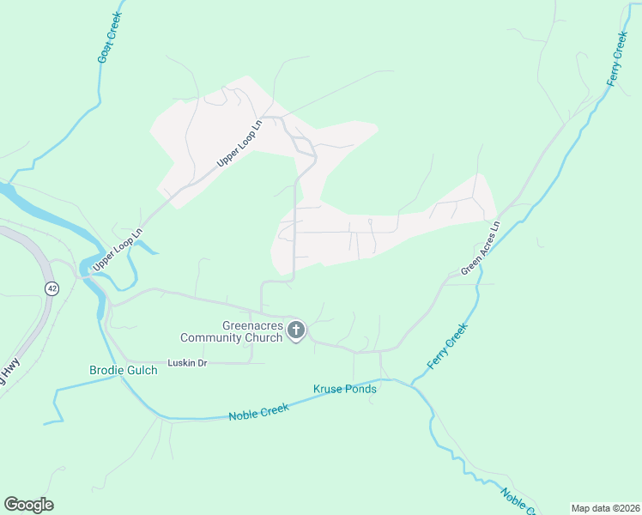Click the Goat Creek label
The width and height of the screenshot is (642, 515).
tap(111, 37)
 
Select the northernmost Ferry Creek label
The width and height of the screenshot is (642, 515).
tap(617, 58)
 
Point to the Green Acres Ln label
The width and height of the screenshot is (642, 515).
tap(481, 249)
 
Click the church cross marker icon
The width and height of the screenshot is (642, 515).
tap(296, 330)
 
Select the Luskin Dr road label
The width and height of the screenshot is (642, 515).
tap(188, 363)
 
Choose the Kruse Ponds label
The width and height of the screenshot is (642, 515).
tap(345, 389)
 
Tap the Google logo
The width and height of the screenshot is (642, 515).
tap(28, 505)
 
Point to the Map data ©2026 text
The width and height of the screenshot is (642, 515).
tap(605, 508)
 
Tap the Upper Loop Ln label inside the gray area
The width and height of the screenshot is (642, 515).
tap(238, 142)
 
